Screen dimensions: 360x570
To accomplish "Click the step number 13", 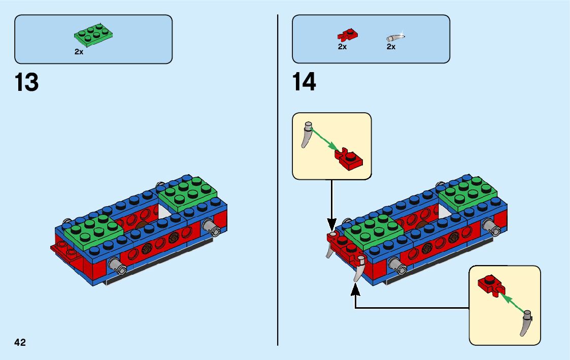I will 27,82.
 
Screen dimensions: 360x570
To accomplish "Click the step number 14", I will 304,82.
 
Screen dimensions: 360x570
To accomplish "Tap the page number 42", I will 20,342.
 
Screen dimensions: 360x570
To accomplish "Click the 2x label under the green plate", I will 79,52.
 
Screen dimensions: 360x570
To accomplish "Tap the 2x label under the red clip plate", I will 342,47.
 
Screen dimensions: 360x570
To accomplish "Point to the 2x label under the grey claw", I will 391,47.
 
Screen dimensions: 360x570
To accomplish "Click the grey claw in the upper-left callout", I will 307,134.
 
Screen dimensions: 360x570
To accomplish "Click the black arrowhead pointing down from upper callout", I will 331,224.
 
